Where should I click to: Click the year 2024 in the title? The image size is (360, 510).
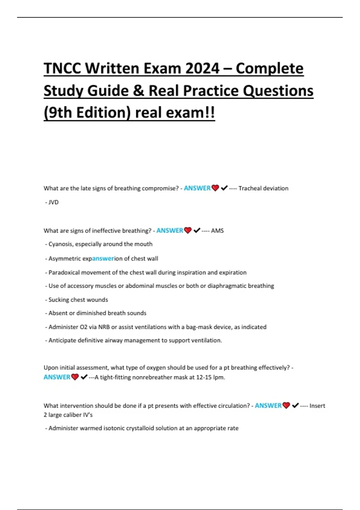[202, 68]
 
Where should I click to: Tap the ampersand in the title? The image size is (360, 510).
[139, 91]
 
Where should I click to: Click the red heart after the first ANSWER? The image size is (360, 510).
[215, 188]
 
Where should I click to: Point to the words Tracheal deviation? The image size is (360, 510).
[263, 188]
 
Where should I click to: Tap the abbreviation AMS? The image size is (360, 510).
[217, 231]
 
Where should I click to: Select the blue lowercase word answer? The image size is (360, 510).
[103, 259]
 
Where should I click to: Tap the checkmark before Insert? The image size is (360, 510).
[295, 406]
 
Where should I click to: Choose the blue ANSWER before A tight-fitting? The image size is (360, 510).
[57, 377]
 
